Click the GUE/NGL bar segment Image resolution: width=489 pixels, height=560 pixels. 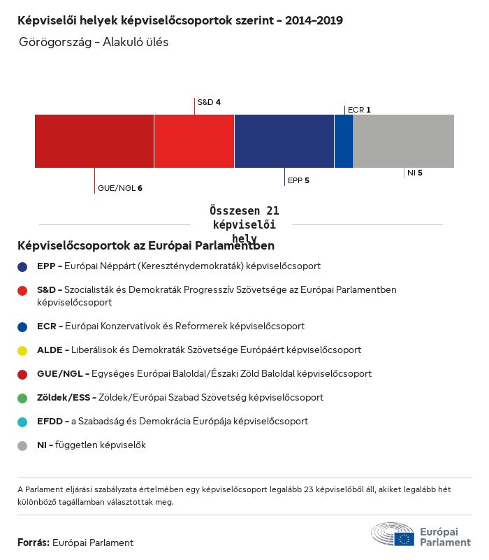(94, 141)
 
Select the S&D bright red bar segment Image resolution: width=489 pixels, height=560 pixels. (194, 141)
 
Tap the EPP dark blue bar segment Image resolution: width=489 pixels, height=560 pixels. (284, 141)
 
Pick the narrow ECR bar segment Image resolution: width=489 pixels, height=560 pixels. (344, 141)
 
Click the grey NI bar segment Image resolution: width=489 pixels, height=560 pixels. (404, 141)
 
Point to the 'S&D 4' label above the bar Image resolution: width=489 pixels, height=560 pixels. (209, 102)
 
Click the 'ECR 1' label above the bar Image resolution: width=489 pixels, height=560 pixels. (359, 110)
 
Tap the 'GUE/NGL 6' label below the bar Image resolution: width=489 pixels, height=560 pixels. (120, 188)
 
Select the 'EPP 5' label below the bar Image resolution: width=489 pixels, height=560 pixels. (298, 180)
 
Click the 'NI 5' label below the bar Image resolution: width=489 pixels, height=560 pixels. (414, 173)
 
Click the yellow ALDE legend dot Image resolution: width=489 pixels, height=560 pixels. (23, 350)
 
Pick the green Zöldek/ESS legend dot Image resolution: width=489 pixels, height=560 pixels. (23, 398)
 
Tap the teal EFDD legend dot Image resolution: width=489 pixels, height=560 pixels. (23, 422)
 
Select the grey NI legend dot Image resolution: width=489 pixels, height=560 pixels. (23, 445)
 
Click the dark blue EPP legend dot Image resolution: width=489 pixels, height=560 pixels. (23, 266)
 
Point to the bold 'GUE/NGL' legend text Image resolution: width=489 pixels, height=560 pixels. (56, 374)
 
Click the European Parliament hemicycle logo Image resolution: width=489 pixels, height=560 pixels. (393, 533)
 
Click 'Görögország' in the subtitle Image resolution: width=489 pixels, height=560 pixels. (57, 42)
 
